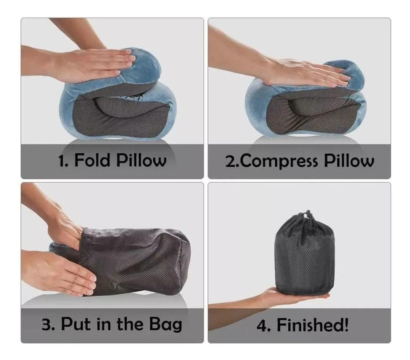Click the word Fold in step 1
(x=93, y=160)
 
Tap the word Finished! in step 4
(x=313, y=324)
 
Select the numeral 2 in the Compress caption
(x=230, y=161)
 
